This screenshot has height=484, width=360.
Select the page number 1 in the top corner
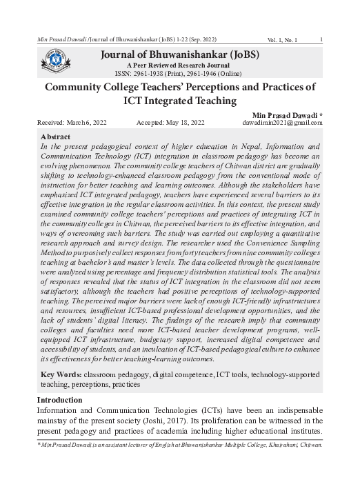[x=322, y=39]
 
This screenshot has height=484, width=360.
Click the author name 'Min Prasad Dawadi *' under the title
[x=288, y=112]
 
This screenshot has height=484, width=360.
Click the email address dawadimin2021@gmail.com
[x=279, y=122]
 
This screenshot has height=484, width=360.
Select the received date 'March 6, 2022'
[x=81, y=122]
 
